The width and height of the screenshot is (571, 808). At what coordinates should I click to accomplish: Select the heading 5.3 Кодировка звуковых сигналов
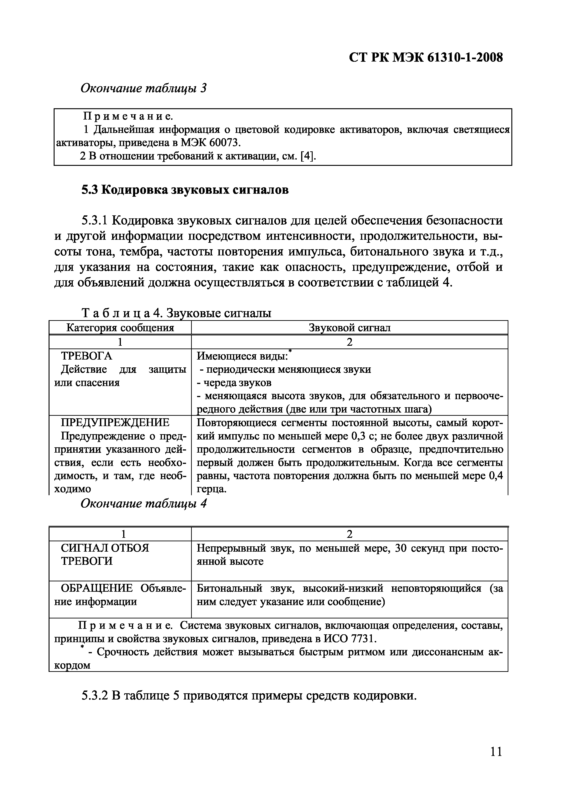[x=185, y=190]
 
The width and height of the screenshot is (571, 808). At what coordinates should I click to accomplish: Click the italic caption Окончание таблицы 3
[x=143, y=88]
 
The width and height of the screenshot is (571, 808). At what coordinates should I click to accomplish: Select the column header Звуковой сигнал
[x=349, y=328]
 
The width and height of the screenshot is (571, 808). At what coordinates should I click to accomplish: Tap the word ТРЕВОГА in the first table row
[x=87, y=356]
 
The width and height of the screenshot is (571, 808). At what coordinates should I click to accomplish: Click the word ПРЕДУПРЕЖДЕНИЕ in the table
[x=115, y=422]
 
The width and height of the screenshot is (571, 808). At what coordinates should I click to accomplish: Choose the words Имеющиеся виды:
[x=242, y=356]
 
